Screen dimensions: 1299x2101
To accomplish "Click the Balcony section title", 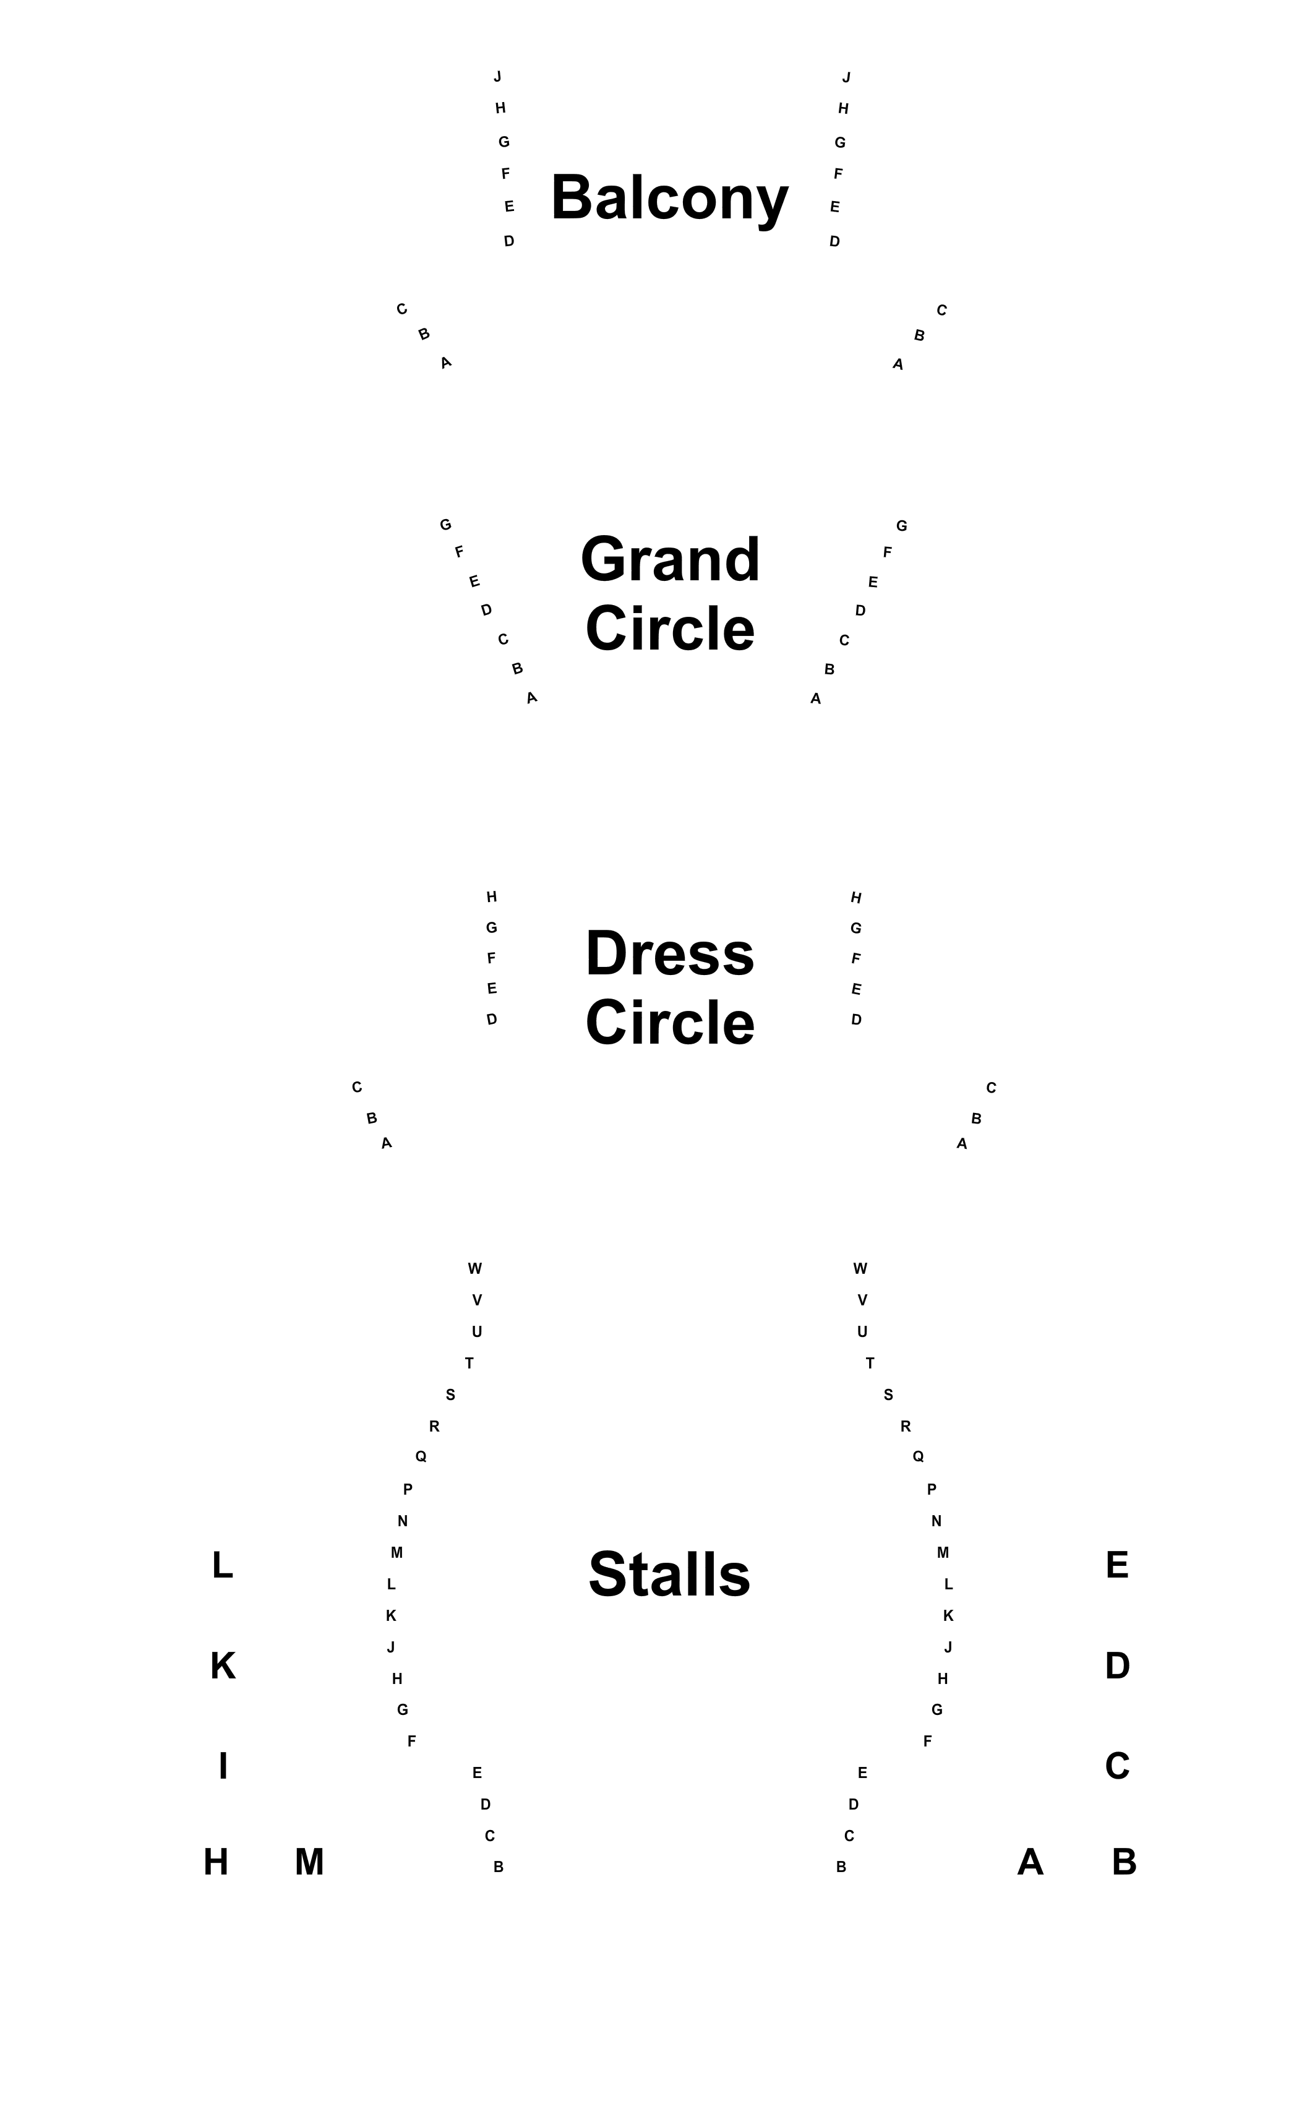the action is coord(669,199).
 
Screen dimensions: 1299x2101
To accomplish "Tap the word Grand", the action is coord(670,559).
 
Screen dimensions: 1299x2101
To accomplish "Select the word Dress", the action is coord(670,954).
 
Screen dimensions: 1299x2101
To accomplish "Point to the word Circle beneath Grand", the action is coord(670,628).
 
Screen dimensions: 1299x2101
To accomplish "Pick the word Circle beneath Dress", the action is coord(670,1023).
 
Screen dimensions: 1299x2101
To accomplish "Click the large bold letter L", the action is coord(223,1565).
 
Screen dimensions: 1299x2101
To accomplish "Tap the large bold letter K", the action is coord(223,1665).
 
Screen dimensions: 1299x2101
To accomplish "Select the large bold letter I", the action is coord(223,1766).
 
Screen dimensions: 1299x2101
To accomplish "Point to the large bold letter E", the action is coord(1117,1565).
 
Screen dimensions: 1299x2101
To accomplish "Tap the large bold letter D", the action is coord(1118,1665).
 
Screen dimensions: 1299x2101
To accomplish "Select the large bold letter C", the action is coord(1117,1766).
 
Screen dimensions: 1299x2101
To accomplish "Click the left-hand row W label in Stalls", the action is coord(475,1268).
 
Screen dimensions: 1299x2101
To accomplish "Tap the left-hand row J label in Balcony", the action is coord(497,77).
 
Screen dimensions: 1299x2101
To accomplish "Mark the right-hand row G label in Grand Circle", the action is coord(902,526).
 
